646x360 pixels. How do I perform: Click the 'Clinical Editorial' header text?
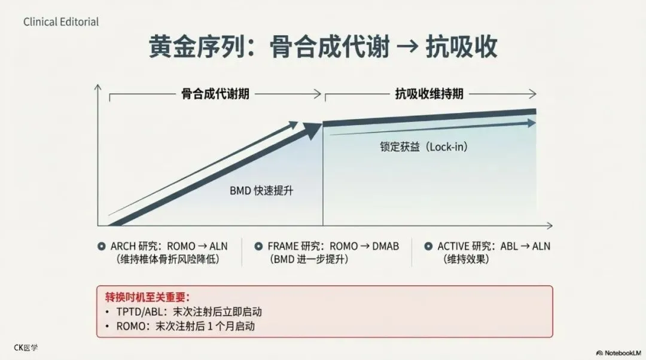pos(61,22)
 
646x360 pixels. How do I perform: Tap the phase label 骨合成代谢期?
pos(215,94)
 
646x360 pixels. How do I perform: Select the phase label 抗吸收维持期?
pos(429,94)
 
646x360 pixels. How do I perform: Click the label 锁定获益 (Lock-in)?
pos(424,147)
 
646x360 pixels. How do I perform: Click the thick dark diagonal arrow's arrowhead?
pos(313,130)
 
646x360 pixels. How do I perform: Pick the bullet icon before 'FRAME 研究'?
pos(258,246)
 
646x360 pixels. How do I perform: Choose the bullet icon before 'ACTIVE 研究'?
pos(428,246)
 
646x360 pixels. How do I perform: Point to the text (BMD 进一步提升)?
pos(309,260)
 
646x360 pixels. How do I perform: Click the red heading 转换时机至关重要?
pos(147,297)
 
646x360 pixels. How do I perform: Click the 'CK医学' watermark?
pos(25,347)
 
